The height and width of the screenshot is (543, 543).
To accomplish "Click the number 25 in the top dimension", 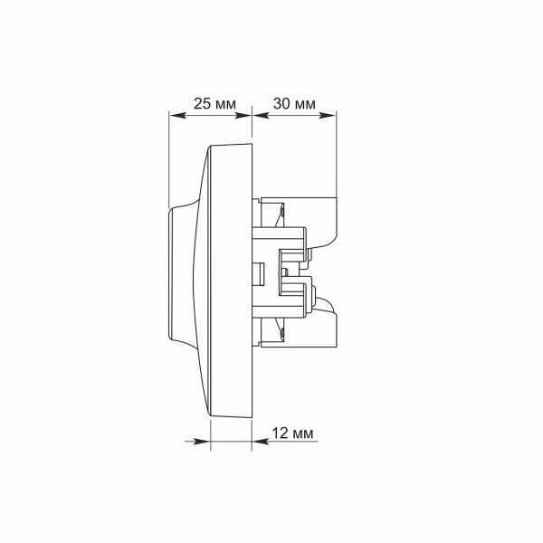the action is pyautogui.click(x=202, y=103).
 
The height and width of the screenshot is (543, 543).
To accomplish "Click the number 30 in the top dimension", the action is pyautogui.click(x=281, y=103).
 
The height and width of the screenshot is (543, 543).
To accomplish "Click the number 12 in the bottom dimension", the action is pyautogui.click(x=280, y=433).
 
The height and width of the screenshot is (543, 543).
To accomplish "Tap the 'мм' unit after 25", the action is pyautogui.click(x=225, y=105).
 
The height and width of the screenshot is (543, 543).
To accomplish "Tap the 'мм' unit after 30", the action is pyautogui.click(x=305, y=105).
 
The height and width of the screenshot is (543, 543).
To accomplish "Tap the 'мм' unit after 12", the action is pyautogui.click(x=303, y=434).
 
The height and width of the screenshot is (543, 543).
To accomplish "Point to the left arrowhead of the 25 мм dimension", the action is pyautogui.click(x=177, y=115).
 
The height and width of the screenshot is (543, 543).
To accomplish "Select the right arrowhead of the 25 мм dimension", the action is pyautogui.click(x=243, y=115).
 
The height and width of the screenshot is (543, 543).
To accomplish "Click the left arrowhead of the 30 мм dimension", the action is pyautogui.click(x=261, y=115).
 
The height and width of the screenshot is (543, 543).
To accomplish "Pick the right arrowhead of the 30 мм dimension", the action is pyautogui.click(x=328, y=115).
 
